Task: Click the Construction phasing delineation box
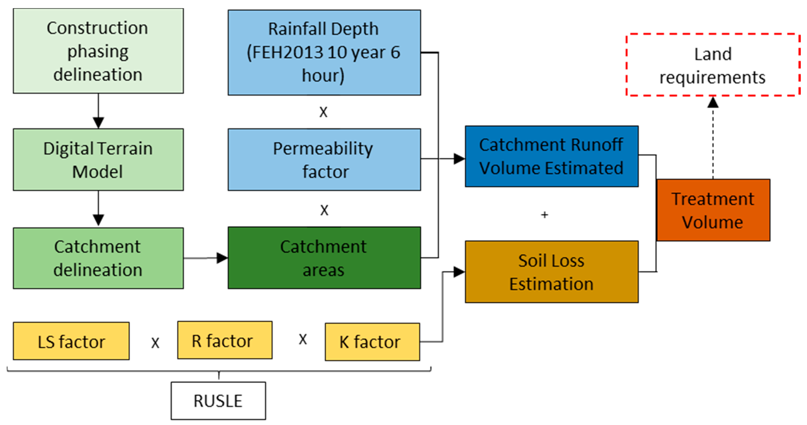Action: (x=98, y=51)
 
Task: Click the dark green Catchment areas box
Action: (x=324, y=258)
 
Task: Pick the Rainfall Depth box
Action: (x=324, y=52)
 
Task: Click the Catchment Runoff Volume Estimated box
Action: (x=551, y=156)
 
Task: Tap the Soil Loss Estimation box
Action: (x=551, y=271)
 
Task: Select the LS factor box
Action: (x=71, y=341)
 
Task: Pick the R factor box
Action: (x=225, y=340)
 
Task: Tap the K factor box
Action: (x=372, y=342)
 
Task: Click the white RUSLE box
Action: (x=218, y=401)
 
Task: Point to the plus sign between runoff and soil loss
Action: (x=545, y=215)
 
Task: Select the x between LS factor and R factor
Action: (x=155, y=343)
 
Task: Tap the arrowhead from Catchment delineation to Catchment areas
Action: (x=222, y=258)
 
